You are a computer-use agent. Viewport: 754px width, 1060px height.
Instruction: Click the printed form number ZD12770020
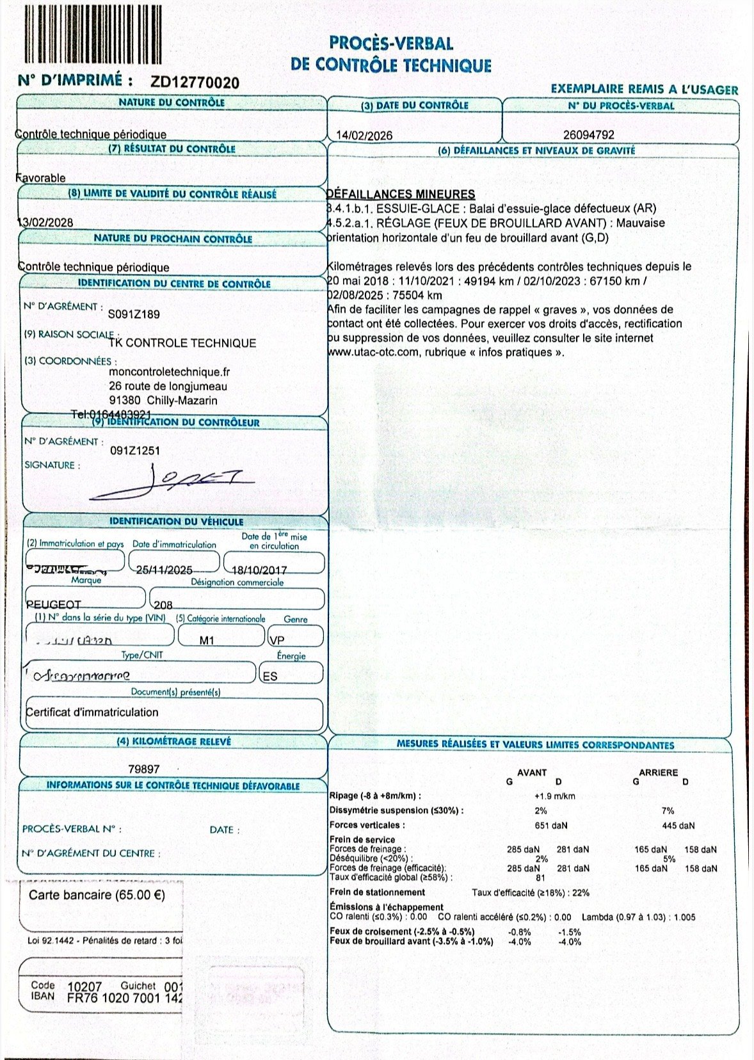point(195,83)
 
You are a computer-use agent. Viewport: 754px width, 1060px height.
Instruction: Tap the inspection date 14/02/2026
point(364,135)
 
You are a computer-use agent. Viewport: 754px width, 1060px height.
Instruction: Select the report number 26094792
point(589,135)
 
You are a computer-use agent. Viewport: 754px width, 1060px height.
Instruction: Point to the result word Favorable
point(40,178)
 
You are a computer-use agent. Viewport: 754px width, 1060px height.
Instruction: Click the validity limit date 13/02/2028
point(45,223)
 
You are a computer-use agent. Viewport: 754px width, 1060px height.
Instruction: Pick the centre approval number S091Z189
point(134,314)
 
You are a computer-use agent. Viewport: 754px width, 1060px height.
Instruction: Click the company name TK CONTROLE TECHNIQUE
point(182,343)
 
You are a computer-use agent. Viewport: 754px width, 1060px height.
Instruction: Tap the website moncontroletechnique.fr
point(170,372)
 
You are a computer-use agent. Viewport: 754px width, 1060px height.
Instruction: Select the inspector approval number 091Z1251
point(135,451)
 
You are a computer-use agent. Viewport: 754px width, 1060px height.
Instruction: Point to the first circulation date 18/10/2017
point(259,570)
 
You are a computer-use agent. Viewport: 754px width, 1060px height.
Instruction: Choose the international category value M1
point(207,640)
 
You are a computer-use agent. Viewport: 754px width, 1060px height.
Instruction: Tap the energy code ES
point(270,676)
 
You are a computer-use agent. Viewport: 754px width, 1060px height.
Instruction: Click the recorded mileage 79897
point(144,769)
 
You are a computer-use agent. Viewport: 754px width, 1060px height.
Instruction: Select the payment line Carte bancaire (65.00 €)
point(97,895)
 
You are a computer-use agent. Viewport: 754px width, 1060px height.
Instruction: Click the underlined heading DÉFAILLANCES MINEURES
point(401,194)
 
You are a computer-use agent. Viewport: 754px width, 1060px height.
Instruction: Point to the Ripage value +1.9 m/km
point(554,796)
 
